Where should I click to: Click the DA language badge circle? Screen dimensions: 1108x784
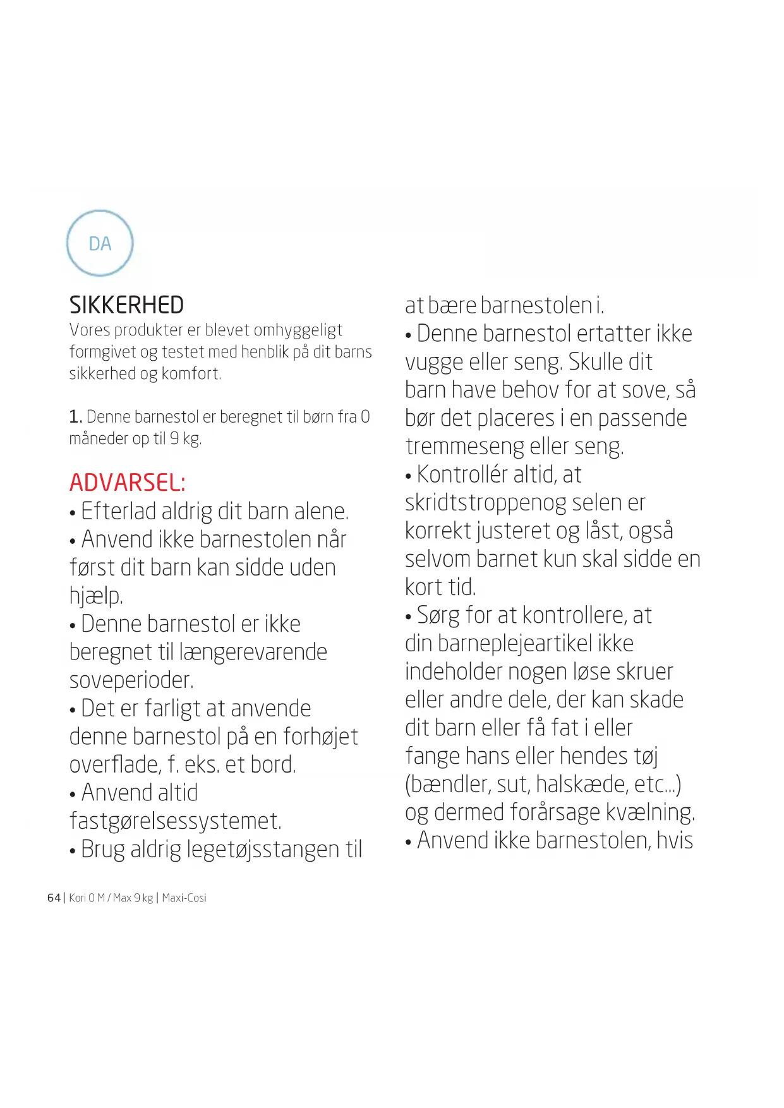pyautogui.click(x=100, y=243)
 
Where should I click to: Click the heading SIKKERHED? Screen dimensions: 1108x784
pyautogui.click(x=126, y=305)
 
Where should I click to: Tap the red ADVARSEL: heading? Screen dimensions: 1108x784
pyautogui.click(x=127, y=483)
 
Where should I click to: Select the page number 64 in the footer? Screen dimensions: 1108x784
pyautogui.click(x=54, y=898)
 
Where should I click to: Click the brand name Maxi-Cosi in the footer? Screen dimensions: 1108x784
pyautogui.click(x=184, y=898)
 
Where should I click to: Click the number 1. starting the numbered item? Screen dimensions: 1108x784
pyautogui.click(x=76, y=417)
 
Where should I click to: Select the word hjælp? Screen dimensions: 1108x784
pyautogui.click(x=96, y=596)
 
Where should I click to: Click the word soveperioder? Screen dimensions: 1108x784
pyautogui.click(x=131, y=680)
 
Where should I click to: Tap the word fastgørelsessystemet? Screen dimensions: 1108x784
pyautogui.click(x=175, y=821)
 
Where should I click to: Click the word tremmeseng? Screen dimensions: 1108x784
pyautogui.click(x=464, y=447)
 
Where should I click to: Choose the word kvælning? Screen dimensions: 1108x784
pyautogui.click(x=651, y=813)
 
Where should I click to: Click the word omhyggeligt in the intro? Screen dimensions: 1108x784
pyautogui.click(x=298, y=330)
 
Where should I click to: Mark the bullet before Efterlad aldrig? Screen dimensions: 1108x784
pyautogui.click(x=73, y=513)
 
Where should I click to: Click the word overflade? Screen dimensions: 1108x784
pyautogui.click(x=115, y=765)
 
